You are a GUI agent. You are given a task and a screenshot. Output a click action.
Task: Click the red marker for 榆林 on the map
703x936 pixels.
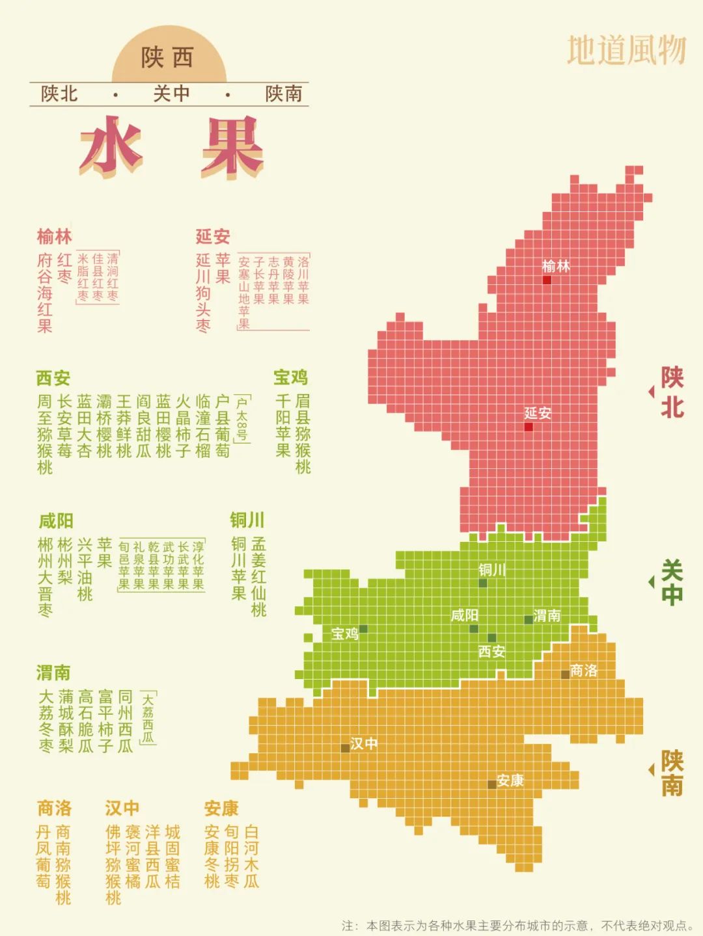point(547,280)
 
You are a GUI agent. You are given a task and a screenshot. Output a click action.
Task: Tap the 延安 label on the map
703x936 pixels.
point(538,413)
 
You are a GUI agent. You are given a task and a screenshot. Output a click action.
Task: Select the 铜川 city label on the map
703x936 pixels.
point(492,570)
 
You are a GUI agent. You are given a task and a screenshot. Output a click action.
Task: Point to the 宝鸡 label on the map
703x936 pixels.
point(344,634)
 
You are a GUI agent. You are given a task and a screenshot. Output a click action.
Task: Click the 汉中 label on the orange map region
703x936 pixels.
point(363,743)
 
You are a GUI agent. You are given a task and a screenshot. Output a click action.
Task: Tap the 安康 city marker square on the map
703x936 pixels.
point(492,784)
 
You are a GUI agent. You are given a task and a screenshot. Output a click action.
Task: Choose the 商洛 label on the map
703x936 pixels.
point(583,671)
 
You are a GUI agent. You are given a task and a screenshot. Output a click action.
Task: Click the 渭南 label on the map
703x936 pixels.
point(547,615)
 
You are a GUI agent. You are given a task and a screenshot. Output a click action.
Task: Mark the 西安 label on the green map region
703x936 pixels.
point(491,651)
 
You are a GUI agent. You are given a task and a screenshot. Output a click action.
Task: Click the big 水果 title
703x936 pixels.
point(171,148)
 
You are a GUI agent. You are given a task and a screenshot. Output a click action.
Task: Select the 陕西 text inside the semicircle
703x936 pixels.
point(168,57)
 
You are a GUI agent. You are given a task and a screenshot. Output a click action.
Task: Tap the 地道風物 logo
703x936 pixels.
point(626,50)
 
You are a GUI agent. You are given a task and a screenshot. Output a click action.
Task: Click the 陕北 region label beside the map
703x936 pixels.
point(672,392)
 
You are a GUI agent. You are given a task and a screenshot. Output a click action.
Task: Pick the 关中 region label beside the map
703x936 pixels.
point(672,582)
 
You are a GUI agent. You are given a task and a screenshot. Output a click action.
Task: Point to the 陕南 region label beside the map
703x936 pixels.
point(672,772)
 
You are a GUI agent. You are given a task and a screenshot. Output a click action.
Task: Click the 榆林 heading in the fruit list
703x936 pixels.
point(54,236)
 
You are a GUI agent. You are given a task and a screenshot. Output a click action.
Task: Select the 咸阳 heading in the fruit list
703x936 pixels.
point(55,521)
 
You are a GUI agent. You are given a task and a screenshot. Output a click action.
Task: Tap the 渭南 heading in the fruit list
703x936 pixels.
point(53,672)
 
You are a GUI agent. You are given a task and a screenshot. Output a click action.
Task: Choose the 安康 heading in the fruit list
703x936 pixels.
point(221,809)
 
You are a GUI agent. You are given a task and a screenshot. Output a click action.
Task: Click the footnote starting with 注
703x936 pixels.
point(517,925)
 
